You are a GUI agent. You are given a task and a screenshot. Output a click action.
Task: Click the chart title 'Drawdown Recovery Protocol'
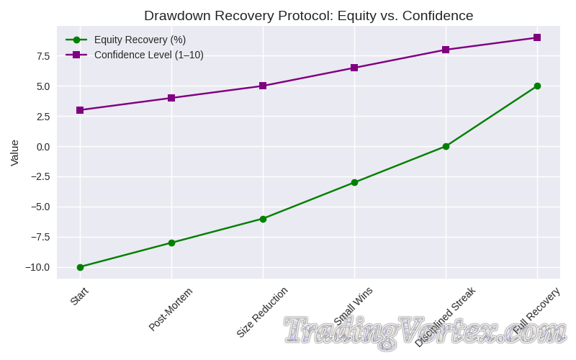pyautogui.click(x=308, y=16)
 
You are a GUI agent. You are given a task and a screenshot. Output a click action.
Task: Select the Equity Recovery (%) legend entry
pyautogui.click(x=140, y=40)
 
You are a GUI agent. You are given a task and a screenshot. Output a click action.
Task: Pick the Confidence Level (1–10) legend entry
pyautogui.click(x=148, y=55)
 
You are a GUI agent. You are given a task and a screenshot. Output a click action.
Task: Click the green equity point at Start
pyautogui.click(x=80, y=267)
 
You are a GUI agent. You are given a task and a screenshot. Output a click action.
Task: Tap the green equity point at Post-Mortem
pyautogui.click(x=171, y=243)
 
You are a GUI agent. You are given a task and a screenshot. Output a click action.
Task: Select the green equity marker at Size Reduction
pyautogui.click(x=263, y=219)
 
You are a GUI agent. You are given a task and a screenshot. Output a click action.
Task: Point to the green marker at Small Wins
pyautogui.click(x=354, y=182)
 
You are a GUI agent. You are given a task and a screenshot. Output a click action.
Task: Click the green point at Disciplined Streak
pyautogui.click(x=446, y=146)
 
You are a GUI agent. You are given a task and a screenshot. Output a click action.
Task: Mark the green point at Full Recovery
pyautogui.click(x=537, y=86)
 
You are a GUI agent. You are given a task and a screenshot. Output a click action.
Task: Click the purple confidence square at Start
pyautogui.click(x=80, y=110)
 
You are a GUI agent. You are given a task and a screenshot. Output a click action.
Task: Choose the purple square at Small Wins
pyautogui.click(x=354, y=68)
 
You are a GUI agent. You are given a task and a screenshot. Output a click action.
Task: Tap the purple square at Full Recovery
pyautogui.click(x=537, y=37)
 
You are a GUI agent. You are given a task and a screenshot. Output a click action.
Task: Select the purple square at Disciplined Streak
pyautogui.click(x=446, y=50)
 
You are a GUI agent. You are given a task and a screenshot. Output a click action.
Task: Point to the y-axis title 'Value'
pyautogui.click(x=14, y=153)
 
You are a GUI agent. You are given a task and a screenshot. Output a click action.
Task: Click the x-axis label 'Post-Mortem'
pyautogui.click(x=171, y=309)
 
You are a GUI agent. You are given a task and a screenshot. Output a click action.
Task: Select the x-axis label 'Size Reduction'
pyautogui.click(x=262, y=312)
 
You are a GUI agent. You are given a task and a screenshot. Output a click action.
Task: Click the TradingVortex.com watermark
pyautogui.click(x=425, y=330)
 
